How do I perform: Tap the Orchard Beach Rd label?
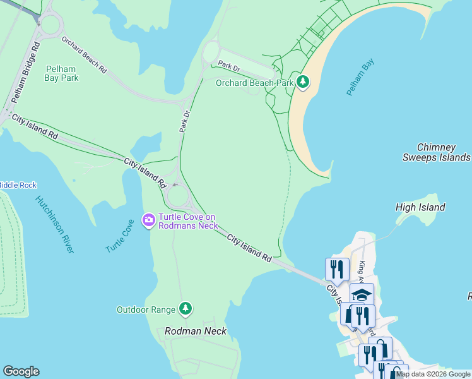pyautogui.click(x=83, y=54)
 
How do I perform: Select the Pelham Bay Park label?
pyautogui.click(x=61, y=73)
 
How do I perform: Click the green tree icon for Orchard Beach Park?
pyautogui.click(x=304, y=82)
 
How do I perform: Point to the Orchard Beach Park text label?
pyautogui.click(x=255, y=83)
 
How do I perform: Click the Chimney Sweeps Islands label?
pyautogui.click(x=436, y=152)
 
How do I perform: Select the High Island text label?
pyautogui.click(x=420, y=207)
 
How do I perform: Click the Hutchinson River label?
pyautogui.click(x=54, y=224)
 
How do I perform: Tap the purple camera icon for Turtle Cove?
pyautogui.click(x=150, y=220)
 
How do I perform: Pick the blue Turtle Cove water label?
pyautogui.click(x=120, y=236)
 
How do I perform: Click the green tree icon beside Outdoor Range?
pyautogui.click(x=185, y=309)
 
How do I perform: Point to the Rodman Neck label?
pyautogui.click(x=195, y=331)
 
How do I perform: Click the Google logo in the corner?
pyautogui.click(x=21, y=371)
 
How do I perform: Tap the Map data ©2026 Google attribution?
pyautogui.click(x=433, y=374)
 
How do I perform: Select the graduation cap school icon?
pyautogui.click(x=362, y=294)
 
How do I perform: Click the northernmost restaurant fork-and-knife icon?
pyautogui.click(x=337, y=269)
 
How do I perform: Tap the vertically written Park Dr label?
pyautogui.click(x=184, y=121)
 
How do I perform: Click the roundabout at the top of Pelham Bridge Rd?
pyautogui.click(x=49, y=25)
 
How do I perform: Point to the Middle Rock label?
pyautogui.click(x=18, y=185)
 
